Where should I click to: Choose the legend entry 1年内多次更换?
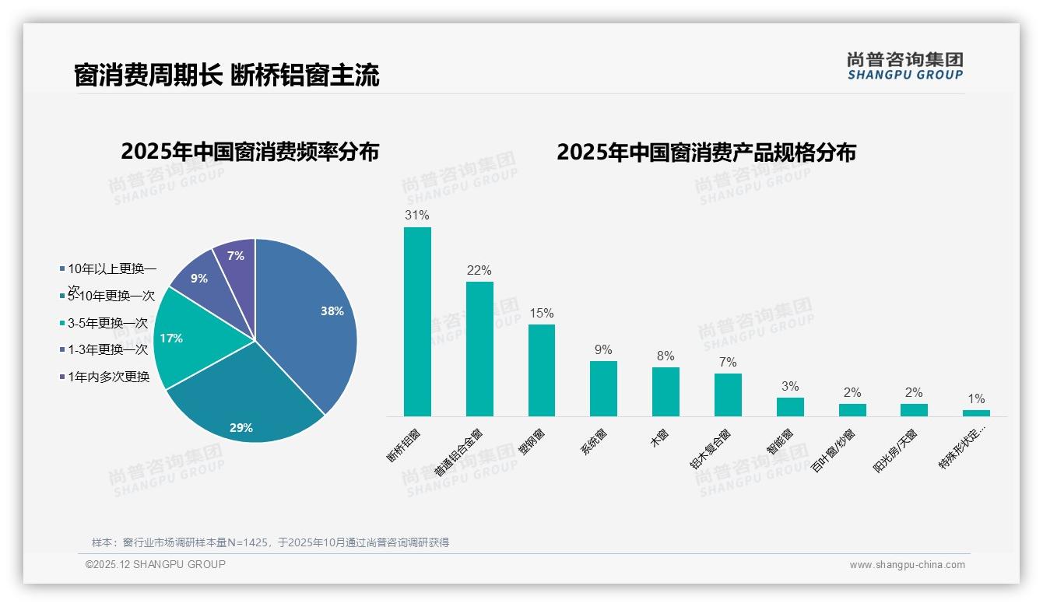(x=104, y=377)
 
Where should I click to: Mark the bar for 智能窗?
(x=790, y=407)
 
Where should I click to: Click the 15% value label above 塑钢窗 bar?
(x=541, y=313)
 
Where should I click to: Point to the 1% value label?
(x=976, y=399)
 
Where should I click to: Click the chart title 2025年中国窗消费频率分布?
(x=250, y=152)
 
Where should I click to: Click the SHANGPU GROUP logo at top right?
(x=904, y=66)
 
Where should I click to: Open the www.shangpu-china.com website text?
(x=907, y=565)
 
